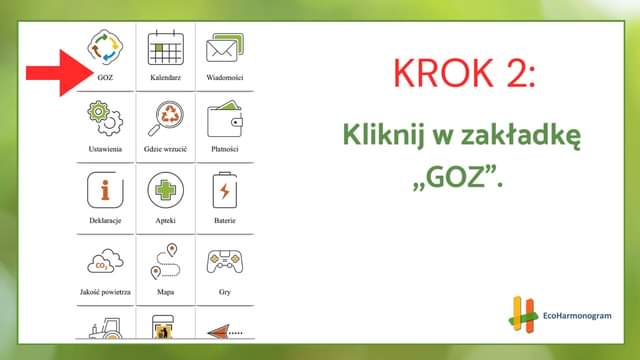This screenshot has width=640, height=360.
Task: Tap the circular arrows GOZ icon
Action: click(105, 47)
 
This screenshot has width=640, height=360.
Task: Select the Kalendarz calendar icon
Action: click(165, 47)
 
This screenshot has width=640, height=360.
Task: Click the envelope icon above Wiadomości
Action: click(225, 48)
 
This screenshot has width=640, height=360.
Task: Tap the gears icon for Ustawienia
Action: click(105, 118)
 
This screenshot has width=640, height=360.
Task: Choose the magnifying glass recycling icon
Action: click(165, 118)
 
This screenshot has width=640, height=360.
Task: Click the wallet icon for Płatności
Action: click(225, 119)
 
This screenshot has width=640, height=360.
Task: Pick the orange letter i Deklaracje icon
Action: click(105, 190)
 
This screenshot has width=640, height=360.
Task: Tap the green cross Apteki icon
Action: click(165, 190)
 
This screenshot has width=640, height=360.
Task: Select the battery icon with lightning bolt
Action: click(225, 190)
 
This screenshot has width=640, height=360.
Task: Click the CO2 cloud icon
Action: click(105, 261)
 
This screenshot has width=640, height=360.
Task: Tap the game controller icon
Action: click(225, 261)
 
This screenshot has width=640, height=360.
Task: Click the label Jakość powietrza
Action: click(105, 292)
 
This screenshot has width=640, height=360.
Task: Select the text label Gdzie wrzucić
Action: click(165, 149)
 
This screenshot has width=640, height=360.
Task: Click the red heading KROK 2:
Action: click(464, 73)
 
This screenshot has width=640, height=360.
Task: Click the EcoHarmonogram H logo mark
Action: click(522, 314)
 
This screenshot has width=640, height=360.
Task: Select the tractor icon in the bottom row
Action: click(106, 328)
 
